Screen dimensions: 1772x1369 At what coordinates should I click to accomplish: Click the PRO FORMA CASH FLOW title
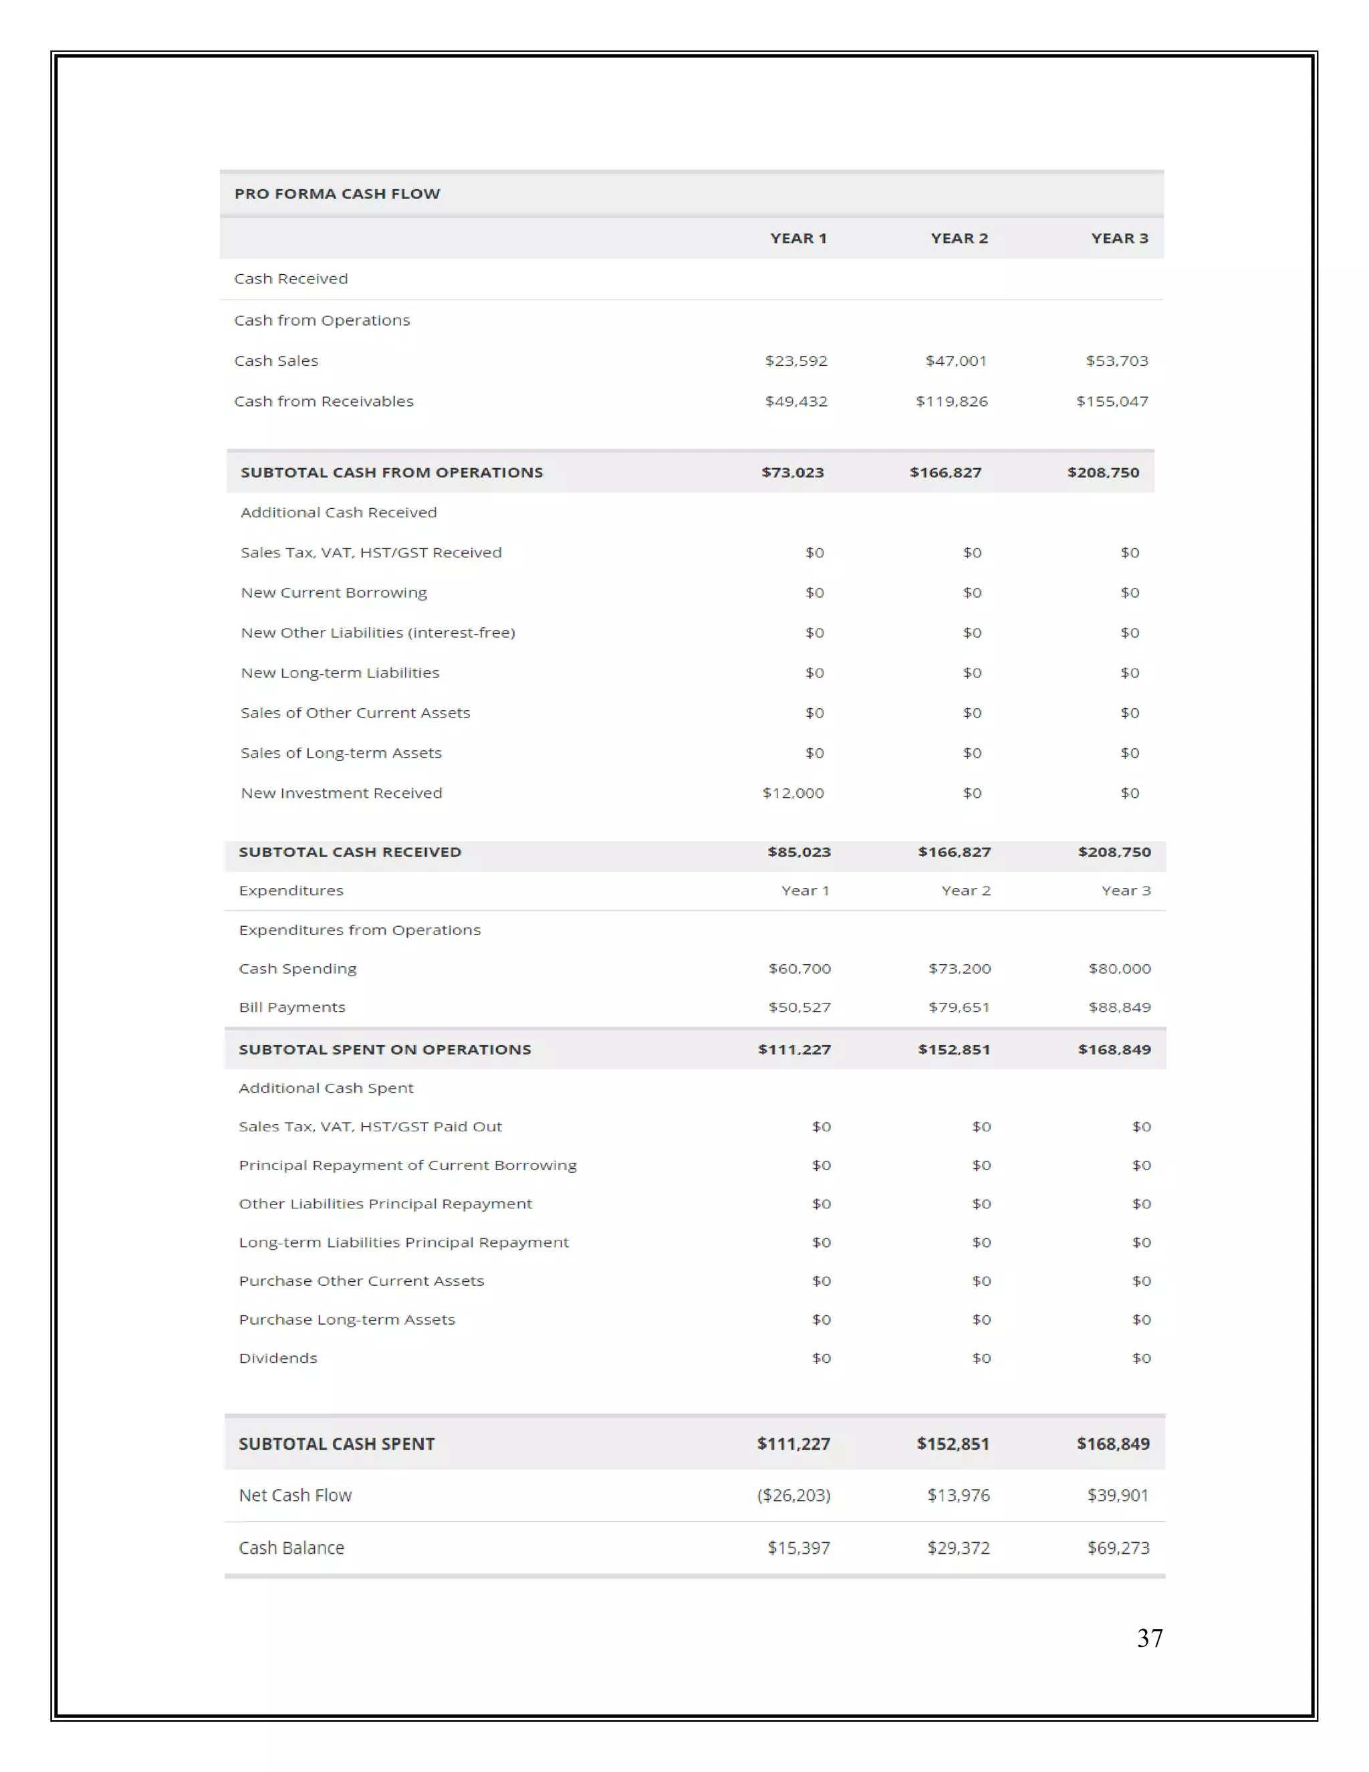(338, 194)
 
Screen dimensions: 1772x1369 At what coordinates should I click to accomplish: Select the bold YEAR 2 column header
(959, 239)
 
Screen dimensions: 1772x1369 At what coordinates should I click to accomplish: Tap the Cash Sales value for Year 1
(795, 361)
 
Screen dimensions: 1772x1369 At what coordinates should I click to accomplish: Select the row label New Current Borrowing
(334, 593)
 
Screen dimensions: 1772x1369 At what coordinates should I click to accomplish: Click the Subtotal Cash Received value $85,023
(799, 852)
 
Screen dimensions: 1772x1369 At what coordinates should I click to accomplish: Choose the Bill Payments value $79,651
(959, 1008)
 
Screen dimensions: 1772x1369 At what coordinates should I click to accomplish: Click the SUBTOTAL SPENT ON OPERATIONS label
(384, 1050)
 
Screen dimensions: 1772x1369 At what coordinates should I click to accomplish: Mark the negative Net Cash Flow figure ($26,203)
(793, 1495)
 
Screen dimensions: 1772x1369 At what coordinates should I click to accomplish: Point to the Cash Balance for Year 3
(1118, 1548)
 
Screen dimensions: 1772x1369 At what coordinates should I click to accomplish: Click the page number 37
(1149, 1639)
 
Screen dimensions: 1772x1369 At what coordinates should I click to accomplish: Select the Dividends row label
(277, 1358)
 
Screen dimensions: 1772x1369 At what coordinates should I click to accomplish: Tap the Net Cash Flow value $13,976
(958, 1495)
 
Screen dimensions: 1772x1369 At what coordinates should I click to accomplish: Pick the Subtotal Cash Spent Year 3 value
(1113, 1444)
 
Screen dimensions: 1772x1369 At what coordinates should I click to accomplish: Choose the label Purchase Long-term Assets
(346, 1320)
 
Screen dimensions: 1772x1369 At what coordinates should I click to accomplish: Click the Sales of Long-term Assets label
(341, 754)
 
